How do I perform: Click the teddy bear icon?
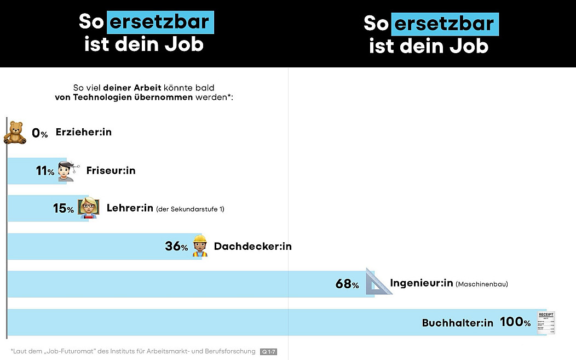[15, 133]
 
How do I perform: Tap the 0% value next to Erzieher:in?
[40, 133]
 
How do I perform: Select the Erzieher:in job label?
[83, 132]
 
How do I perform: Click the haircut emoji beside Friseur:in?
[68, 171]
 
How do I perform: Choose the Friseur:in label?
[111, 170]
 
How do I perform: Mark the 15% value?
[63, 209]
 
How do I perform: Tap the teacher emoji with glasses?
[88, 208]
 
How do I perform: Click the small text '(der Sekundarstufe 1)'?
[190, 209]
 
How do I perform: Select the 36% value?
[176, 247]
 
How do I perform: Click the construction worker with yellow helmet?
[200, 246]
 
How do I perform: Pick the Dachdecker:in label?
[252, 247]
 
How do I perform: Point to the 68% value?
[347, 284]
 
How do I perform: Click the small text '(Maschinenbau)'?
[482, 284]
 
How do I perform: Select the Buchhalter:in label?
[458, 323]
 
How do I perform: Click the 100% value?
[515, 322]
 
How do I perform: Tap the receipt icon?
[546, 322]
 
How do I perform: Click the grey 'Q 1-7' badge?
[268, 351]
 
